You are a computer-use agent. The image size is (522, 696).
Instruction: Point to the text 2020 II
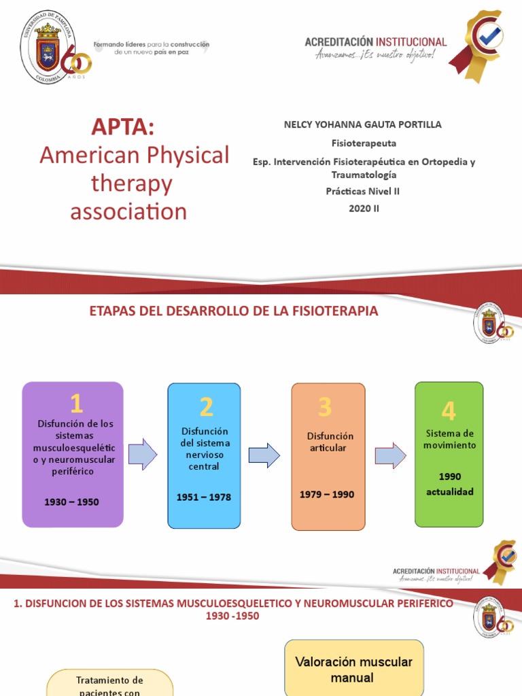pos(364,208)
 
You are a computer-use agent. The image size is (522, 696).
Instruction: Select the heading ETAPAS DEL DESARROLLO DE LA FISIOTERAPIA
pos(234,311)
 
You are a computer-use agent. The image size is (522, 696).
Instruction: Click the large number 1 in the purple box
pos(76,404)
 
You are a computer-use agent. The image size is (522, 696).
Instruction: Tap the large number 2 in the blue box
pos(206,408)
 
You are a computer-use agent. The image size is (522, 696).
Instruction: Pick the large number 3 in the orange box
pos(324,407)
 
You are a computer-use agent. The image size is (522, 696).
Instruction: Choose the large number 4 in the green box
pos(448,411)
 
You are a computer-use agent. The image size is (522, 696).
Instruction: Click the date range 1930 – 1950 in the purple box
pos(71,502)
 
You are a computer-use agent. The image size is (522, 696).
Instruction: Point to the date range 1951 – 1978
pos(203,497)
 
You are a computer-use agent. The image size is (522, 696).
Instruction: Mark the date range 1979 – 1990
pos(326,494)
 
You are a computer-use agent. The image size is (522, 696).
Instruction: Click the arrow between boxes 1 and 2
pos(142,454)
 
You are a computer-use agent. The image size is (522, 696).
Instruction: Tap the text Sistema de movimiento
pos(451,439)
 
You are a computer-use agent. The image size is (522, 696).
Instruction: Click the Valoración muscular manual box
pos(353,669)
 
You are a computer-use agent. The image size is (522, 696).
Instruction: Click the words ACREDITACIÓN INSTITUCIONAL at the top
pos(375,42)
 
